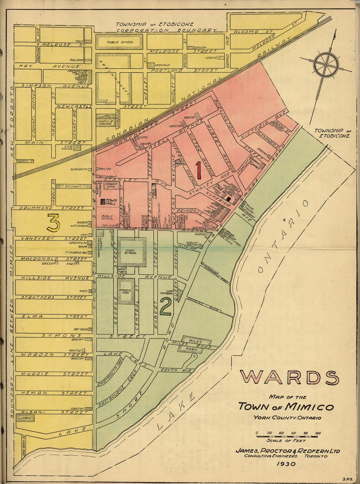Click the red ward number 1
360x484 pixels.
[x=199, y=170]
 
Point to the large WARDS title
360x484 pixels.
[x=290, y=378]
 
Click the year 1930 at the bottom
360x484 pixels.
[x=286, y=463]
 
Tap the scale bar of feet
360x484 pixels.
[x=287, y=436]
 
